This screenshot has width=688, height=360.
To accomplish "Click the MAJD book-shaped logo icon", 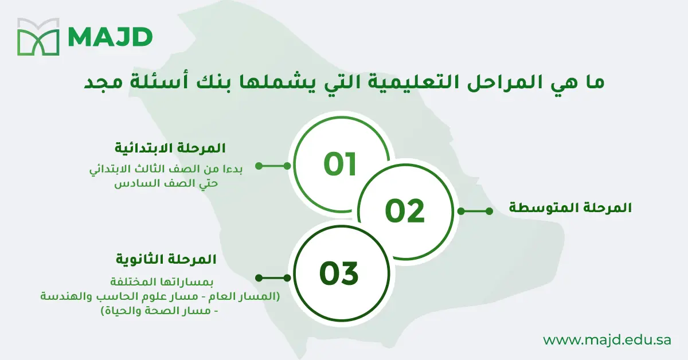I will tap(38, 37).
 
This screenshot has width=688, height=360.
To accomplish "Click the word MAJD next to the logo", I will tap(110, 37).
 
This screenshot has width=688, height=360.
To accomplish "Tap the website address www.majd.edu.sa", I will tap(607, 340).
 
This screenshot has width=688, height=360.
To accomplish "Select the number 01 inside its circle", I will tap(340, 164).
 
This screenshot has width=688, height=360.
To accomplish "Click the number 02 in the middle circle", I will tap(405, 210).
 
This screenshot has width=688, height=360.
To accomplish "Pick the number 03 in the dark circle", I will tap(339, 273).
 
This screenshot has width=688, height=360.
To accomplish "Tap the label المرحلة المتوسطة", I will tap(570, 208).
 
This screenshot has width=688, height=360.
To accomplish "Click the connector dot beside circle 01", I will tap(259, 166).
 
